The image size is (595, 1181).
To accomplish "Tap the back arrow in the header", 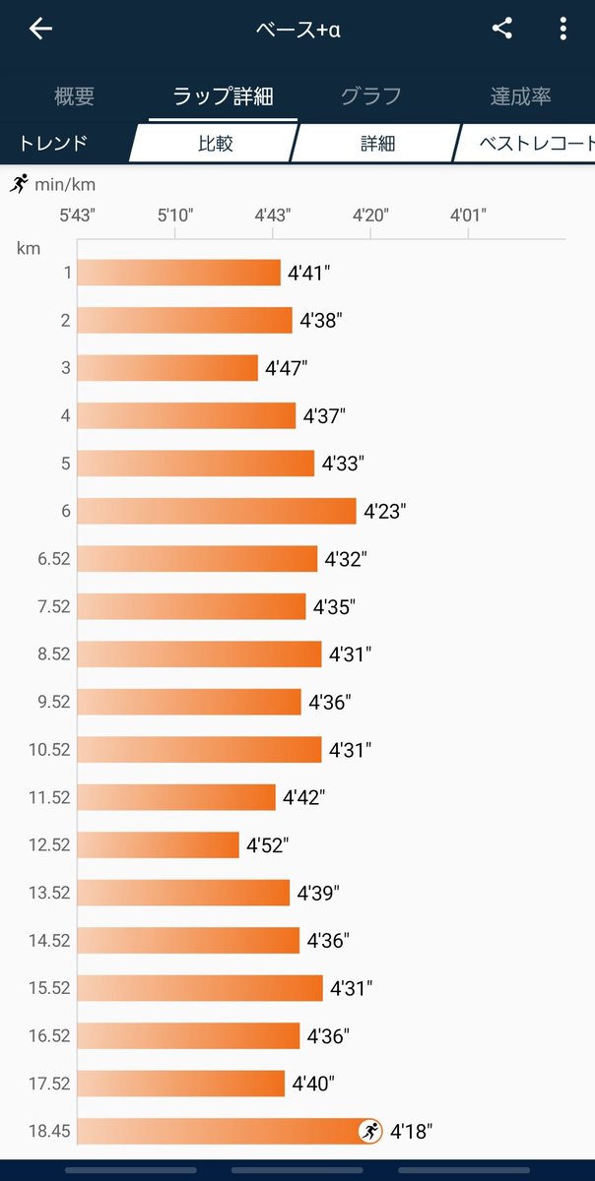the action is (40, 29).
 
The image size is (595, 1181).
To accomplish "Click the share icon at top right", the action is (502, 29).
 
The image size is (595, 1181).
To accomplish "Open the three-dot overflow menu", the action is (562, 29).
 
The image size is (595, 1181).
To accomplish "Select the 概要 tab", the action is (74, 96).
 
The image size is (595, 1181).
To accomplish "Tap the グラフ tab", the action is (371, 96).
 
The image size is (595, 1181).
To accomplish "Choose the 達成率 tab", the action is (520, 96).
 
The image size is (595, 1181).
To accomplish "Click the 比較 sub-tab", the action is (216, 144).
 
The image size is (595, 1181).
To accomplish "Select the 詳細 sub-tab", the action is (377, 144).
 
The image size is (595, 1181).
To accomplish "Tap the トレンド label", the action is (53, 144).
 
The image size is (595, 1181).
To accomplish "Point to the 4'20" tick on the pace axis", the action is (370, 216).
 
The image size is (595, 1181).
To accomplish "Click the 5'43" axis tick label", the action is (77, 216).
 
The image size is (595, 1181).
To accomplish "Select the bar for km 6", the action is (217, 511).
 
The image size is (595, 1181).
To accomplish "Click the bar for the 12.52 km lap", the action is (158, 844).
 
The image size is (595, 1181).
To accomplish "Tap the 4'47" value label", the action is (286, 368).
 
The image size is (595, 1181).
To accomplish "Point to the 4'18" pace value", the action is (411, 1132).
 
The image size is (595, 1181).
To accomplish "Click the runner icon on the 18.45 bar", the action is (370, 1131).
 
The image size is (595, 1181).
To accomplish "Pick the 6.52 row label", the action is (54, 559).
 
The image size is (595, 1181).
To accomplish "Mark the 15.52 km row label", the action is (49, 988).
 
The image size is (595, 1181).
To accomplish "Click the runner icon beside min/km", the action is (19, 183).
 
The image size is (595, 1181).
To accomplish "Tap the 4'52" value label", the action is (268, 845).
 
